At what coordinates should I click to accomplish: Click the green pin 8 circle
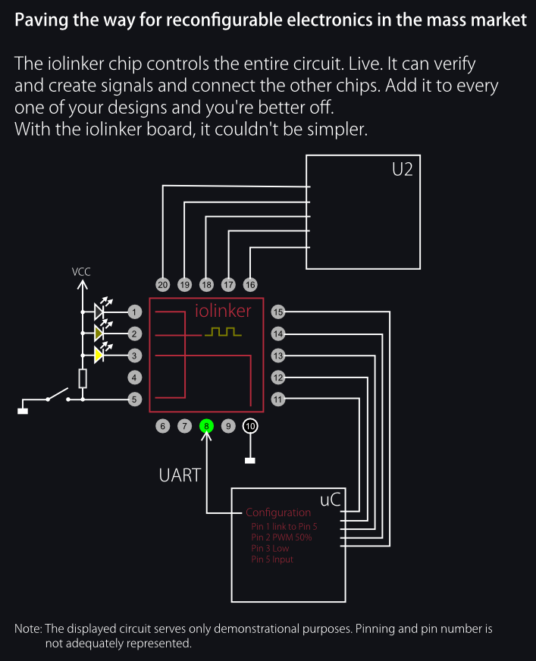point(206,426)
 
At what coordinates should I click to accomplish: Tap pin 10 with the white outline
point(250,426)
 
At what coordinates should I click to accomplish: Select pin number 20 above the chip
point(162,284)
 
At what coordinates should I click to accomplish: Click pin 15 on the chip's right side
point(278,312)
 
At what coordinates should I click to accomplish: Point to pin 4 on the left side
point(134,377)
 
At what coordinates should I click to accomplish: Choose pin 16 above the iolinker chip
point(250,284)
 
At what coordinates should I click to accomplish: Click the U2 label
point(403,170)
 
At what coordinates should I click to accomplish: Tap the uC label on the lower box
point(331,500)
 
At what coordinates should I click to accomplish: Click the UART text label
point(180,475)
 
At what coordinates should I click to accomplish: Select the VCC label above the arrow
point(81,272)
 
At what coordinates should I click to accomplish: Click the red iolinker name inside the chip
point(223,311)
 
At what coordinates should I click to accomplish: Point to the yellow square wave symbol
point(223,332)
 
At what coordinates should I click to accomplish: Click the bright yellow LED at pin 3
point(99,356)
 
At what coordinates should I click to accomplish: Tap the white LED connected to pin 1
point(99,312)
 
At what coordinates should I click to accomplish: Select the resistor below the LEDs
point(83,378)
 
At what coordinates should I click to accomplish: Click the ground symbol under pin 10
point(250,461)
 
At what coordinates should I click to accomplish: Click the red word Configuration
point(278,512)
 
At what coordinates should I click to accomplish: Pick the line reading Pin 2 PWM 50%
point(281,537)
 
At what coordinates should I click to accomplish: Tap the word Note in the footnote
point(28,628)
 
